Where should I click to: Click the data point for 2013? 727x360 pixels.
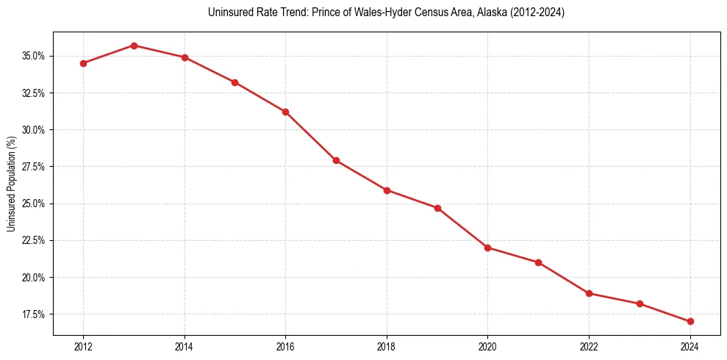134,46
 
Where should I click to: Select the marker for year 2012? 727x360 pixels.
83,63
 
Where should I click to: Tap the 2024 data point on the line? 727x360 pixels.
690,321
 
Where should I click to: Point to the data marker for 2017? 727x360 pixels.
336,160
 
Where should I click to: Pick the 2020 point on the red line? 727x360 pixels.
488,248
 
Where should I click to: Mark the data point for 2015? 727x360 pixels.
234,82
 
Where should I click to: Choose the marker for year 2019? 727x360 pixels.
437,208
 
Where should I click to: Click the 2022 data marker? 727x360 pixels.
589,293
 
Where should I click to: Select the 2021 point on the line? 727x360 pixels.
538,262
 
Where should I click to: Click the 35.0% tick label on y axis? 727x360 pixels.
34,56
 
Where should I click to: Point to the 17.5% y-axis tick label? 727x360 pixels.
34,314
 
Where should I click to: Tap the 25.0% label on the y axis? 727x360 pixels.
34,204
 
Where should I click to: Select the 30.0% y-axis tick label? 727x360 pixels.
34,130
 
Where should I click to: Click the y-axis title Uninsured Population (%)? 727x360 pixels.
11,184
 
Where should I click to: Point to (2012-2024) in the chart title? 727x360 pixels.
538,12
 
